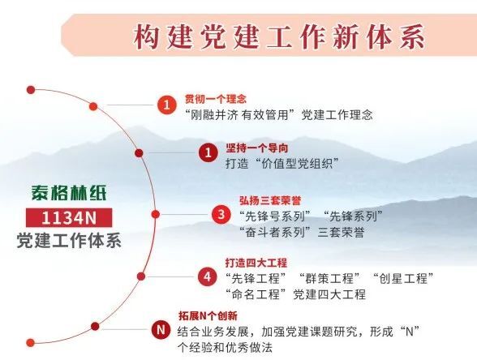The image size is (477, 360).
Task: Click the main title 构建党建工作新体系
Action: tap(279, 36)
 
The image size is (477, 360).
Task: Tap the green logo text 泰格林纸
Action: tap(69, 192)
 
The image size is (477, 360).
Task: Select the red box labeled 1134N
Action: tap(69, 217)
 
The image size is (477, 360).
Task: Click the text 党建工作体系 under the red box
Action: tap(69, 240)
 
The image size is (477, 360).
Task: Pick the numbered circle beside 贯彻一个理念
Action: tap(167, 105)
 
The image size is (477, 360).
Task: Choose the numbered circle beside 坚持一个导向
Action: tap(208, 152)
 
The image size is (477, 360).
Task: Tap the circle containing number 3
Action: tap(221, 214)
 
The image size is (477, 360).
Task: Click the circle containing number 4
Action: tap(207, 276)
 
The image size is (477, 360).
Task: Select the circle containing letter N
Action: tap(161, 329)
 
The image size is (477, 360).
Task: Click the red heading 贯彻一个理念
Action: tap(216, 99)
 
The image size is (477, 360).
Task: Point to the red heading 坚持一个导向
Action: tap(256, 148)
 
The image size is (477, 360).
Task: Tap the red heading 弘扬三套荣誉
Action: tap(270, 201)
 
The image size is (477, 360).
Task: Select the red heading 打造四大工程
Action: tap(256, 263)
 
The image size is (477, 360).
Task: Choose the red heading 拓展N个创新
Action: tap(208, 316)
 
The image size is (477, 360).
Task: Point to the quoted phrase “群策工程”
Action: tap(329, 278)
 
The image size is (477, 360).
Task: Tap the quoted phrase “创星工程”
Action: tap(402, 278)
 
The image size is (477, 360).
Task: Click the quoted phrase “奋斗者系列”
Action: tap(275, 233)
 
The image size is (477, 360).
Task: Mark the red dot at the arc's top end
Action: tap(31, 90)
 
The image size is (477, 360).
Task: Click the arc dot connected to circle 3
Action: tap(156, 214)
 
